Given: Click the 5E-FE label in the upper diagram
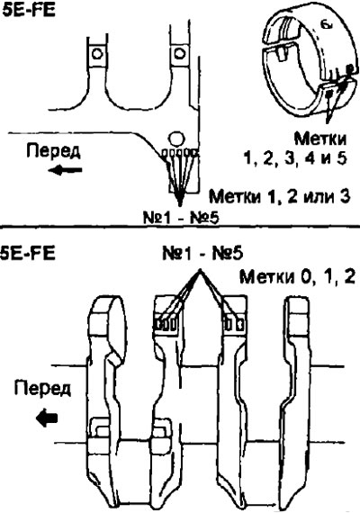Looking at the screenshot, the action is (x=28, y=10).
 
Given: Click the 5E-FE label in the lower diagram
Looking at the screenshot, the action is (x=28, y=253).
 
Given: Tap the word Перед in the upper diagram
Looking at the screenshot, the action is (x=53, y=152).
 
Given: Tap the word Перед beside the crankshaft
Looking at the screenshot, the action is (x=42, y=389).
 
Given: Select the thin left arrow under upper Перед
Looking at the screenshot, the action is (x=65, y=170).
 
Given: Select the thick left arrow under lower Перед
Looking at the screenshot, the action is (x=47, y=418).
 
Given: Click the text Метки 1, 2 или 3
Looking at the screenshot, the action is (x=280, y=196).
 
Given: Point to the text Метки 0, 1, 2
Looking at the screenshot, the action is (x=297, y=277).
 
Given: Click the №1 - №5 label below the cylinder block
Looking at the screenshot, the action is (x=181, y=218).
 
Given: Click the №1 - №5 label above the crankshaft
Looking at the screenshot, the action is (x=202, y=254).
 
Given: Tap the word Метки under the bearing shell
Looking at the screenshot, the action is (x=320, y=139).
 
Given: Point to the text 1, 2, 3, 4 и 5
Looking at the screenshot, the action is (x=294, y=159).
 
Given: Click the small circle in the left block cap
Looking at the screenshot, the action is (x=97, y=53).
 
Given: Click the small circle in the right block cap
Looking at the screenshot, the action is (x=179, y=53).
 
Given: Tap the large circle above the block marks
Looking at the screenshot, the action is (x=175, y=139).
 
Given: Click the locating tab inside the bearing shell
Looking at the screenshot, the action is (x=282, y=53).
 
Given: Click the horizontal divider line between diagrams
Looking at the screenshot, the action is (x=180, y=226).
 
